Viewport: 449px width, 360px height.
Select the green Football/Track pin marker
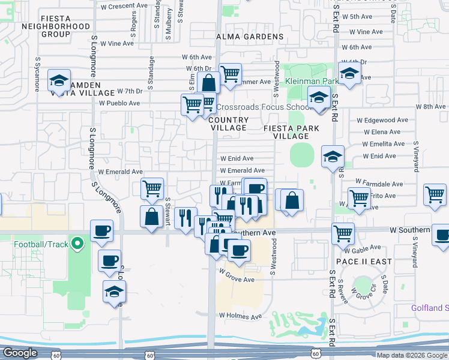[x=76, y=244]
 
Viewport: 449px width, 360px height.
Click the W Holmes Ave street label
[x=241, y=316]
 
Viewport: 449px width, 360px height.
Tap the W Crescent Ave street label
[x=124, y=5]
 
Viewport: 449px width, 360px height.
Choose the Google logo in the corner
[x=20, y=353]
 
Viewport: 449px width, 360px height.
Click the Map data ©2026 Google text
[x=412, y=355]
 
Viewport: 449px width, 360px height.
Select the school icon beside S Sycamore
[x=59, y=81]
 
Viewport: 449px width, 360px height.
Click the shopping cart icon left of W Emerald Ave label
[x=152, y=188]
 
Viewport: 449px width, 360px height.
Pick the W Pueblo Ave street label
[x=119, y=103]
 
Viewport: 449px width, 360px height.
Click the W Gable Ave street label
[x=367, y=247]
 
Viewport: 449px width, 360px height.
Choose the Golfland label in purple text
[x=429, y=308]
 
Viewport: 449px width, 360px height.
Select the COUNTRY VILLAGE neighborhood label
[x=228, y=124]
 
